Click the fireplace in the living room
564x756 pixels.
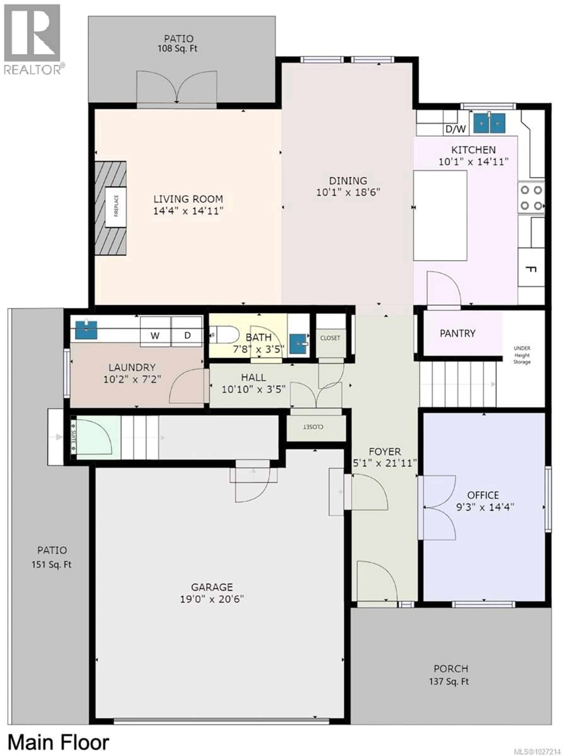tap(115, 207)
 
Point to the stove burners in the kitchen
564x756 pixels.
tap(531, 198)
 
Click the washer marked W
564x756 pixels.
tap(155, 335)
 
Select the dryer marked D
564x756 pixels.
tap(187, 335)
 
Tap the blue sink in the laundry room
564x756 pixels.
tap(86, 330)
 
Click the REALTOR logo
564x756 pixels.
tap(32, 39)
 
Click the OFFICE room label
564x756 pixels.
tap(483, 495)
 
